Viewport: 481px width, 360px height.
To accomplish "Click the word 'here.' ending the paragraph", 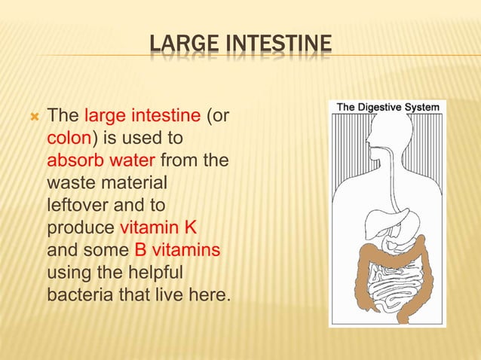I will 212,293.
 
